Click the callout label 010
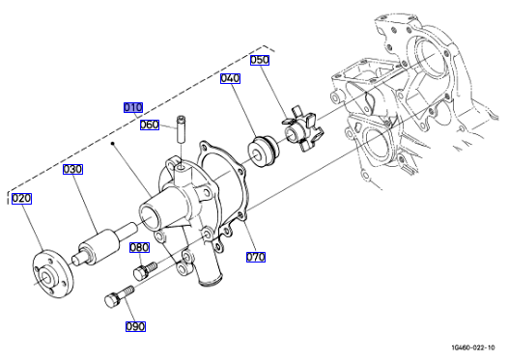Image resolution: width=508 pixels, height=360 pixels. click(x=133, y=107)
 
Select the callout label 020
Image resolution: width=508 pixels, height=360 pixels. click(x=21, y=199)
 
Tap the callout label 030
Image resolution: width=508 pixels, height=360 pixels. click(x=72, y=169)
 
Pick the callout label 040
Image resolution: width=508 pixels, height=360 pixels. click(x=231, y=78)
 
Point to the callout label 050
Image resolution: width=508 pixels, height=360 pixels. click(x=260, y=60)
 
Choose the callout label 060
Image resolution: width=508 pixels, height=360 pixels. click(x=150, y=125)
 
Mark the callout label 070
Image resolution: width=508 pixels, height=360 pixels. click(x=256, y=257)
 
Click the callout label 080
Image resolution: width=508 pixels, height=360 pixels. click(x=140, y=247)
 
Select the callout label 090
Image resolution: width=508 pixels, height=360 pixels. click(x=135, y=326)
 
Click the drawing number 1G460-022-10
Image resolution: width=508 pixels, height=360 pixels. click(x=473, y=348)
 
